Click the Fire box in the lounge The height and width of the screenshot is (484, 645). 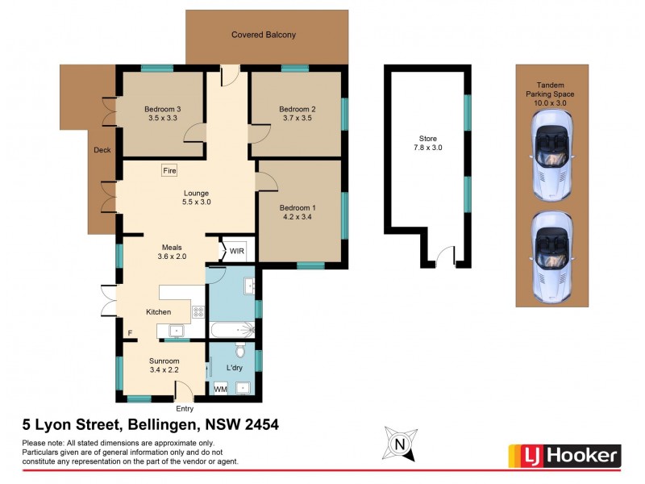169,171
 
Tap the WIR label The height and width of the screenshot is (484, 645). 237,252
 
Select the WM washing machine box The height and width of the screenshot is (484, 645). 220,389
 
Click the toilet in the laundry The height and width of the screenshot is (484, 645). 239,351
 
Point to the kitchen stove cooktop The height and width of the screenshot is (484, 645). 198,311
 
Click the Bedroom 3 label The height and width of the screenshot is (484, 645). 162,109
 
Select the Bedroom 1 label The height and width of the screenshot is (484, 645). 298,207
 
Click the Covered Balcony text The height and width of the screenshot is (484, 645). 264,35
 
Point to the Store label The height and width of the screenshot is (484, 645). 428,138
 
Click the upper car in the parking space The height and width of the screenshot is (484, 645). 552,156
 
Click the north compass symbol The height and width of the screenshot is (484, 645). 398,444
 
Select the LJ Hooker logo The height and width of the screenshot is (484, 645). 564,456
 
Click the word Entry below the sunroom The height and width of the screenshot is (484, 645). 185,408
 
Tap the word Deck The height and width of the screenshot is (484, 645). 102,150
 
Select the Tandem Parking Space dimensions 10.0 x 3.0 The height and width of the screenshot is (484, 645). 552,102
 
